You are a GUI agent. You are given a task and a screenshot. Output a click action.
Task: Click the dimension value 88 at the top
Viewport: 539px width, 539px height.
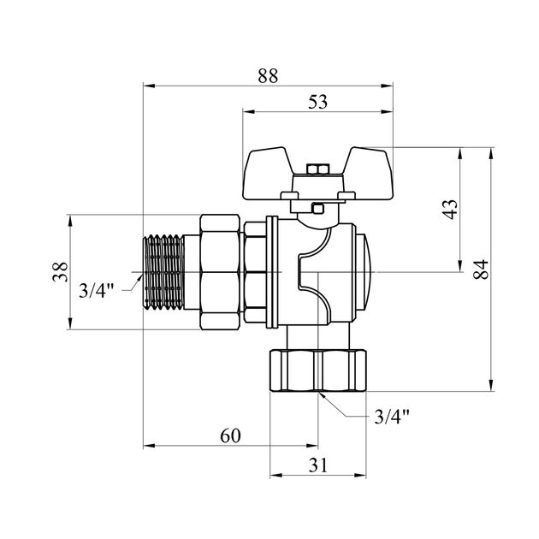point(268,75)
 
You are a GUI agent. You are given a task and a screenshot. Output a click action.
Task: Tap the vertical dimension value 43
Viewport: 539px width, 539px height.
point(451,210)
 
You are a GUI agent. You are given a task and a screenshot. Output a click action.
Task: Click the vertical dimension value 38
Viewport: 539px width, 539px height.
point(58,273)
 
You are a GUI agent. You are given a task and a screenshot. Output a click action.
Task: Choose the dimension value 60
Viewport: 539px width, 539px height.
point(229,435)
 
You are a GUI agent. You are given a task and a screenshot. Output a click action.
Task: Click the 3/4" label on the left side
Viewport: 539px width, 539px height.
point(96,289)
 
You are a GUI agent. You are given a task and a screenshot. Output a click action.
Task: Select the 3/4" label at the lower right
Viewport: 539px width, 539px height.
point(393,417)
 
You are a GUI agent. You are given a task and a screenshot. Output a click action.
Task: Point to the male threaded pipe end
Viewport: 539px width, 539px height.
point(163,273)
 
